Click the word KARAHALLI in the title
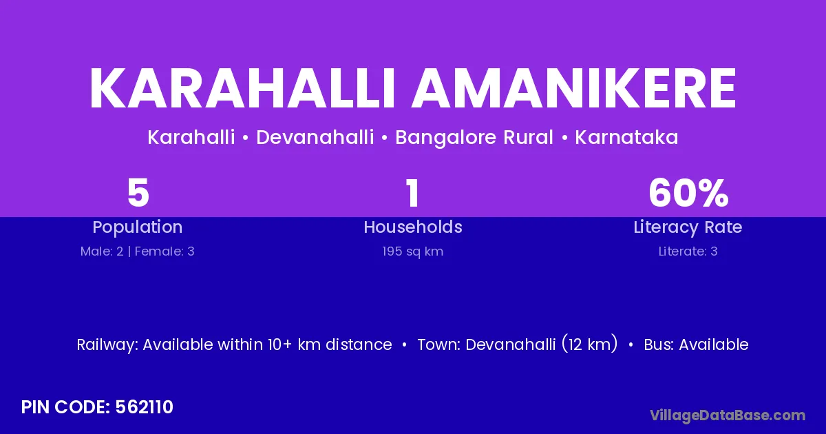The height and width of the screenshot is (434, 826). click(242, 88)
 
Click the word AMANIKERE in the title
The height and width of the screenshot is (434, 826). click(574, 88)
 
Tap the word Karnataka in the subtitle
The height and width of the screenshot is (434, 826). click(626, 137)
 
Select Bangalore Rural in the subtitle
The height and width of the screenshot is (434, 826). click(474, 138)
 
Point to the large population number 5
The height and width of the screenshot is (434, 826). click(138, 193)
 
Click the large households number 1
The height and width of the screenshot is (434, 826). click(412, 193)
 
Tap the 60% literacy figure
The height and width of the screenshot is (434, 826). click(688, 193)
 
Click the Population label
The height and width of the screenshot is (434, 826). click(138, 227)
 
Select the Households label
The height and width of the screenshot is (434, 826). click(413, 227)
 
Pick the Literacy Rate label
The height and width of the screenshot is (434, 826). click(688, 227)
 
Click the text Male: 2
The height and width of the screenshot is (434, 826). click(102, 251)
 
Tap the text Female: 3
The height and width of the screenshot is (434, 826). click(165, 251)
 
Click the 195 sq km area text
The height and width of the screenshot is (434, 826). click(412, 251)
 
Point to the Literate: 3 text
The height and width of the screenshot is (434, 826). click(688, 251)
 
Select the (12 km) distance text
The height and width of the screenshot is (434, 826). click(590, 344)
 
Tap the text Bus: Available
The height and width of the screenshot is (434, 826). click(696, 344)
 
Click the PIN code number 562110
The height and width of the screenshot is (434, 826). click(144, 407)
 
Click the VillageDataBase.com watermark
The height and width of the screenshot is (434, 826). click(728, 415)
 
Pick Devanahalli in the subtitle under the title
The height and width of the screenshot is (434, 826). click(315, 137)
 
